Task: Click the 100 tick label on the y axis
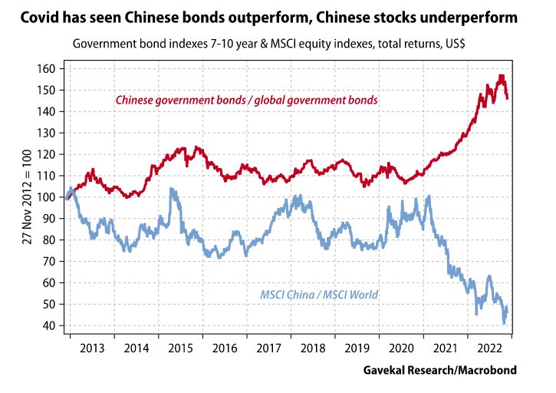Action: tap(49, 197)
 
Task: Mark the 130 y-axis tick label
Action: tap(49, 134)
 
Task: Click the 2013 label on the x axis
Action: tap(91, 348)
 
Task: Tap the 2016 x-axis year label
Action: tap(225, 348)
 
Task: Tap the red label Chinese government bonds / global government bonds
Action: tap(246, 100)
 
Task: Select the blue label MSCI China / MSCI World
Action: tap(319, 294)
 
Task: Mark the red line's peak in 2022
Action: tap(500, 75)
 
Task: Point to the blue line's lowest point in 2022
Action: tap(504, 322)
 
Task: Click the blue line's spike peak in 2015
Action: tap(171, 189)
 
